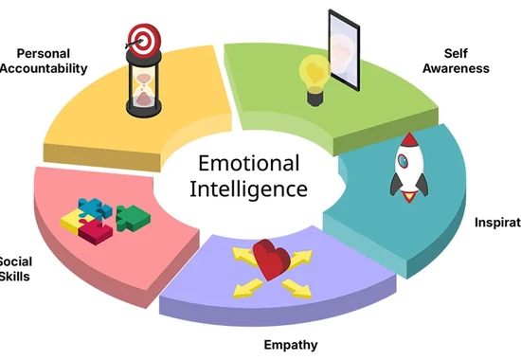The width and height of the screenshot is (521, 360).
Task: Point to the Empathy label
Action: pyautogui.click(x=290, y=344)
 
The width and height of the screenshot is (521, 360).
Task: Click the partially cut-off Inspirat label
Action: pyautogui.click(x=497, y=223)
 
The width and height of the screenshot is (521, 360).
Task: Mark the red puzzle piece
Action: pyautogui.click(x=93, y=230)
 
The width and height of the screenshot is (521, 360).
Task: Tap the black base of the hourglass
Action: pyautogui.click(x=142, y=112)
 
